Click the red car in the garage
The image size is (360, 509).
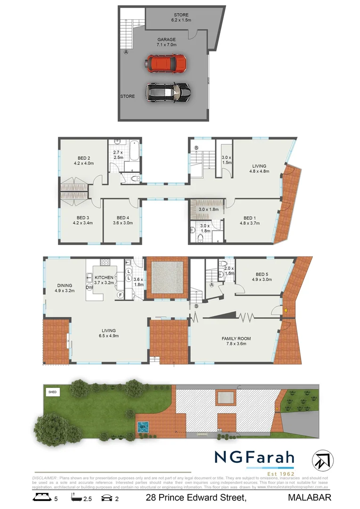[x=165, y=63]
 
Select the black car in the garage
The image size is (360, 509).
[x=168, y=92]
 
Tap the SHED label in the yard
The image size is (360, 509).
[x=52, y=392]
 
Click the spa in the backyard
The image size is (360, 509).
[x=143, y=427]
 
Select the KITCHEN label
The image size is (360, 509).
[x=104, y=278]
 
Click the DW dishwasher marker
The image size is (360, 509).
[x=89, y=287]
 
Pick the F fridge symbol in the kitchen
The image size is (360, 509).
[x=120, y=296]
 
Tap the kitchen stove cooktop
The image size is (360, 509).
[x=105, y=263]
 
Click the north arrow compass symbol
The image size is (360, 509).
[x=323, y=460]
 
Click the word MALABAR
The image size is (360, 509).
[x=309, y=497]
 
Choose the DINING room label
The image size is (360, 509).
[x=65, y=286]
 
